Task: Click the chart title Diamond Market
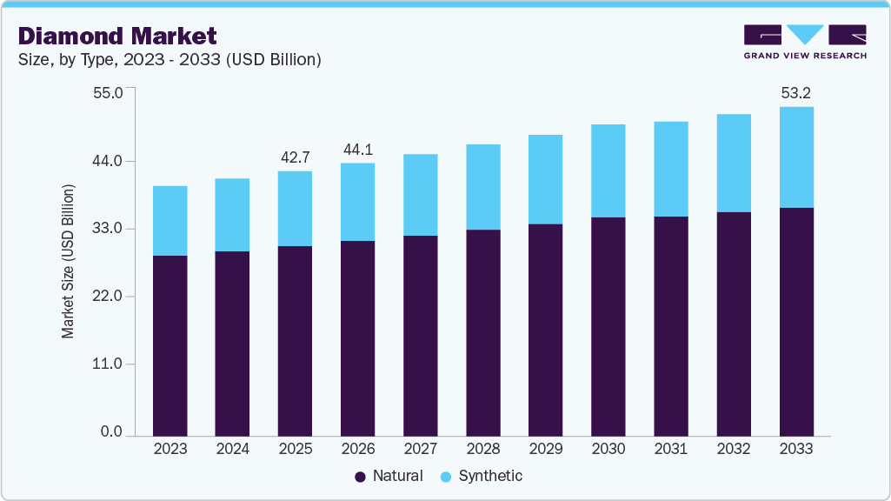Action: pyautogui.click(x=117, y=36)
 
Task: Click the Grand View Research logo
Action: pyautogui.click(x=805, y=41)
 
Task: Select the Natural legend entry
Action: pyautogui.click(x=389, y=476)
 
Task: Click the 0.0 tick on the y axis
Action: pyautogui.click(x=111, y=432)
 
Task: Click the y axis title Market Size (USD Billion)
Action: pyautogui.click(x=68, y=261)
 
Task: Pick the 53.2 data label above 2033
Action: pyautogui.click(x=796, y=93)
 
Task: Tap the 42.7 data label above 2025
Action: pyautogui.click(x=295, y=157)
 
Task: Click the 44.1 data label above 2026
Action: pyautogui.click(x=357, y=150)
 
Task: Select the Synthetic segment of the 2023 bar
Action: pyautogui.click(x=170, y=221)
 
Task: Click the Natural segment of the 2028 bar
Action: pyautogui.click(x=482, y=332)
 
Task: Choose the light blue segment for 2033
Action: pyautogui.click(x=796, y=157)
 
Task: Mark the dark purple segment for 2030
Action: pyautogui.click(x=608, y=326)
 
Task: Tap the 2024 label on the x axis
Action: pyautogui.click(x=232, y=449)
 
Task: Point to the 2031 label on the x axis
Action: pyautogui.click(x=671, y=449)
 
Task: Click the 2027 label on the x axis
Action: pyautogui.click(x=420, y=449)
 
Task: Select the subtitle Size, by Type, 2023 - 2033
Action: pyautogui.click(x=170, y=60)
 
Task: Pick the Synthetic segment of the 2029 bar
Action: pyautogui.click(x=545, y=179)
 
